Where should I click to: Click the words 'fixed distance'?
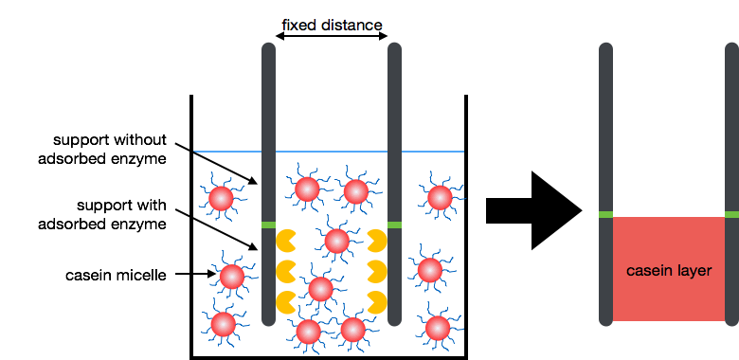[x=332, y=25]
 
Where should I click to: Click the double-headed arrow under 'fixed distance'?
[x=332, y=36]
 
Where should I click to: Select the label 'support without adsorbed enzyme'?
[x=102, y=150]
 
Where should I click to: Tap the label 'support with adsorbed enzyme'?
[x=102, y=214]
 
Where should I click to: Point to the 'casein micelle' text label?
[x=116, y=275]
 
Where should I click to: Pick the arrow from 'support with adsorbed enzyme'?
[x=216, y=228]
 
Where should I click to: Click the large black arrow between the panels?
[x=534, y=210]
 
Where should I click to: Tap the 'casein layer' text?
[x=669, y=270]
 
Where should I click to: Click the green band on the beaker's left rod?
[x=268, y=225]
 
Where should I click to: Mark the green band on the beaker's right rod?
[x=394, y=225]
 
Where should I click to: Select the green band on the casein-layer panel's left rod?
[x=605, y=214]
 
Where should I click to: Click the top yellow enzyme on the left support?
[x=284, y=241]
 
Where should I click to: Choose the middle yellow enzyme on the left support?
[x=284, y=271]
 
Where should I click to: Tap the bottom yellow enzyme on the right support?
[x=377, y=302]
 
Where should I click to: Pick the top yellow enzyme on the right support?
[x=377, y=241]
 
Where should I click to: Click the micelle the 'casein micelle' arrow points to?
[x=232, y=277]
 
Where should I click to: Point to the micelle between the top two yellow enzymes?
[x=337, y=242]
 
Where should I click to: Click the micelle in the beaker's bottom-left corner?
[x=224, y=324]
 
